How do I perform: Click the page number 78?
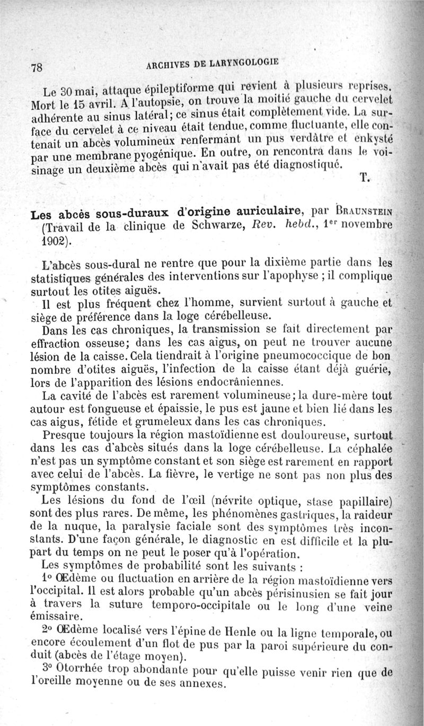click(x=37, y=68)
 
